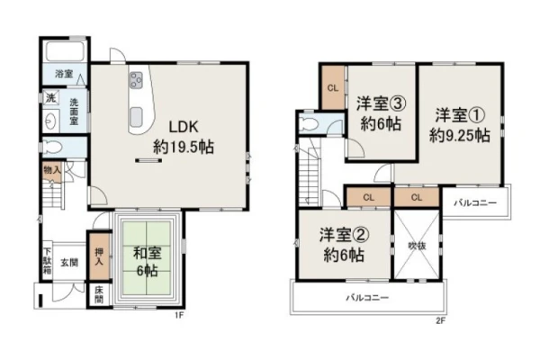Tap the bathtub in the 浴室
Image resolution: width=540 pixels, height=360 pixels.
tap(65, 51)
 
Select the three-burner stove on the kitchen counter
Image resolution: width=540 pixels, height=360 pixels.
tap(136, 81)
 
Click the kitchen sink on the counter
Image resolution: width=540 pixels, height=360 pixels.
tap(136, 117)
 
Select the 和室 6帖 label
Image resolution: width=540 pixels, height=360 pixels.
tap(147, 262)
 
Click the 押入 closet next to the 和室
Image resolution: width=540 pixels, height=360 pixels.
tap(99, 256)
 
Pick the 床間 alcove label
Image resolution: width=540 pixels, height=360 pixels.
tap(99, 295)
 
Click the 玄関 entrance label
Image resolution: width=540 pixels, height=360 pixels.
tap(69, 263)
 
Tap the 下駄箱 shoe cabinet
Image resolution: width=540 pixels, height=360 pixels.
tap(47, 261)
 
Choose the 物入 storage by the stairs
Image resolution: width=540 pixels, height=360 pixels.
tap(52, 171)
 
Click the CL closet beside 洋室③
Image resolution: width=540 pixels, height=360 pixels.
tap(333, 88)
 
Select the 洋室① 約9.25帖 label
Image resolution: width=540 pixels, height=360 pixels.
tap(459, 125)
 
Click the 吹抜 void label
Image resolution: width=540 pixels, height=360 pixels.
tap(417, 246)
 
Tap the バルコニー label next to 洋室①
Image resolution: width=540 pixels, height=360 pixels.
tap(475, 202)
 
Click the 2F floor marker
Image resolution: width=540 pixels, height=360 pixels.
tap(440, 321)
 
